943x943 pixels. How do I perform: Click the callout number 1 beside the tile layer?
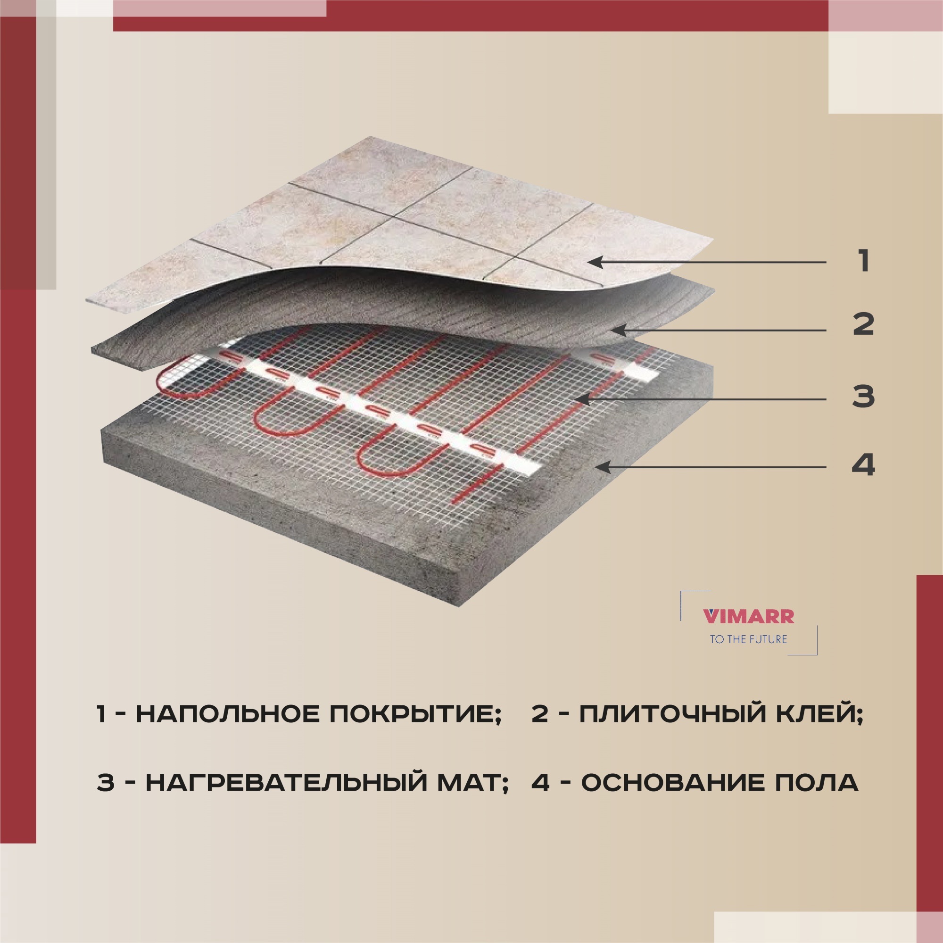(x=863, y=261)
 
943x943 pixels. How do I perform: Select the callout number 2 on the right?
(x=863, y=324)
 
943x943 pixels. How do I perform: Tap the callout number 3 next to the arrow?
(x=863, y=397)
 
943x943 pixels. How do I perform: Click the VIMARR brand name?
(x=748, y=616)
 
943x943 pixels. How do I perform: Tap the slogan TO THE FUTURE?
(x=748, y=639)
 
